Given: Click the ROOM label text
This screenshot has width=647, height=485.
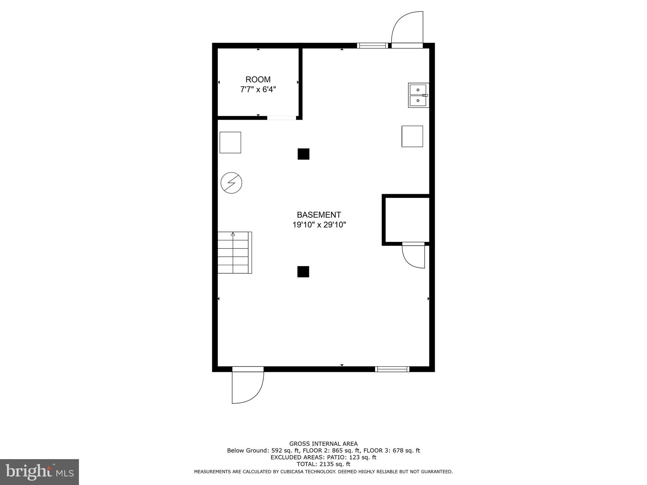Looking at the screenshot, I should click(258, 80).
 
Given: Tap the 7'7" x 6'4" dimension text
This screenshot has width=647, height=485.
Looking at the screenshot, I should click(258, 90).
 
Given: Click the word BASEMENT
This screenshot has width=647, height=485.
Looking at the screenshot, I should click(319, 215).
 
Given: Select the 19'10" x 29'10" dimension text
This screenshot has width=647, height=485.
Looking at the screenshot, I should click(319, 225).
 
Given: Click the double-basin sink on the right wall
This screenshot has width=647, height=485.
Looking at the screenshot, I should click(418, 95).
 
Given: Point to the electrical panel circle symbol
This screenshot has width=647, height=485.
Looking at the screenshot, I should click(231, 183).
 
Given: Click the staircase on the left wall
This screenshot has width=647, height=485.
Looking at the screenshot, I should click(234, 253).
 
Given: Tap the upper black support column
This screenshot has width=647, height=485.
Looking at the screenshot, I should click(303, 154).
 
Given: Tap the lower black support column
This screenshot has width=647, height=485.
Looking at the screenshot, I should click(303, 272).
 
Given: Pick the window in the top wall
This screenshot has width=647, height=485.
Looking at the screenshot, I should click(372, 46).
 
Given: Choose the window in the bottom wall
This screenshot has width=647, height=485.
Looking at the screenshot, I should click(392, 369).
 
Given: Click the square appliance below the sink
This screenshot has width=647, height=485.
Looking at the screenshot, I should click(412, 136).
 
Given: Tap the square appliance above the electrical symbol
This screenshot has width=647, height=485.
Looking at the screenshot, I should click(230, 143).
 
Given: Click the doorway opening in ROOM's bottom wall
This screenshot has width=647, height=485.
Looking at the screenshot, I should click(281, 118).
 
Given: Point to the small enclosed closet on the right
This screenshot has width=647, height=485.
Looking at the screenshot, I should click(407, 220).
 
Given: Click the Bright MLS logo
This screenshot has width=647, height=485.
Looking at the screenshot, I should click(39, 472).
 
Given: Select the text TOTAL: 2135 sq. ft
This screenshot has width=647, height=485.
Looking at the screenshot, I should click(323, 464).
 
